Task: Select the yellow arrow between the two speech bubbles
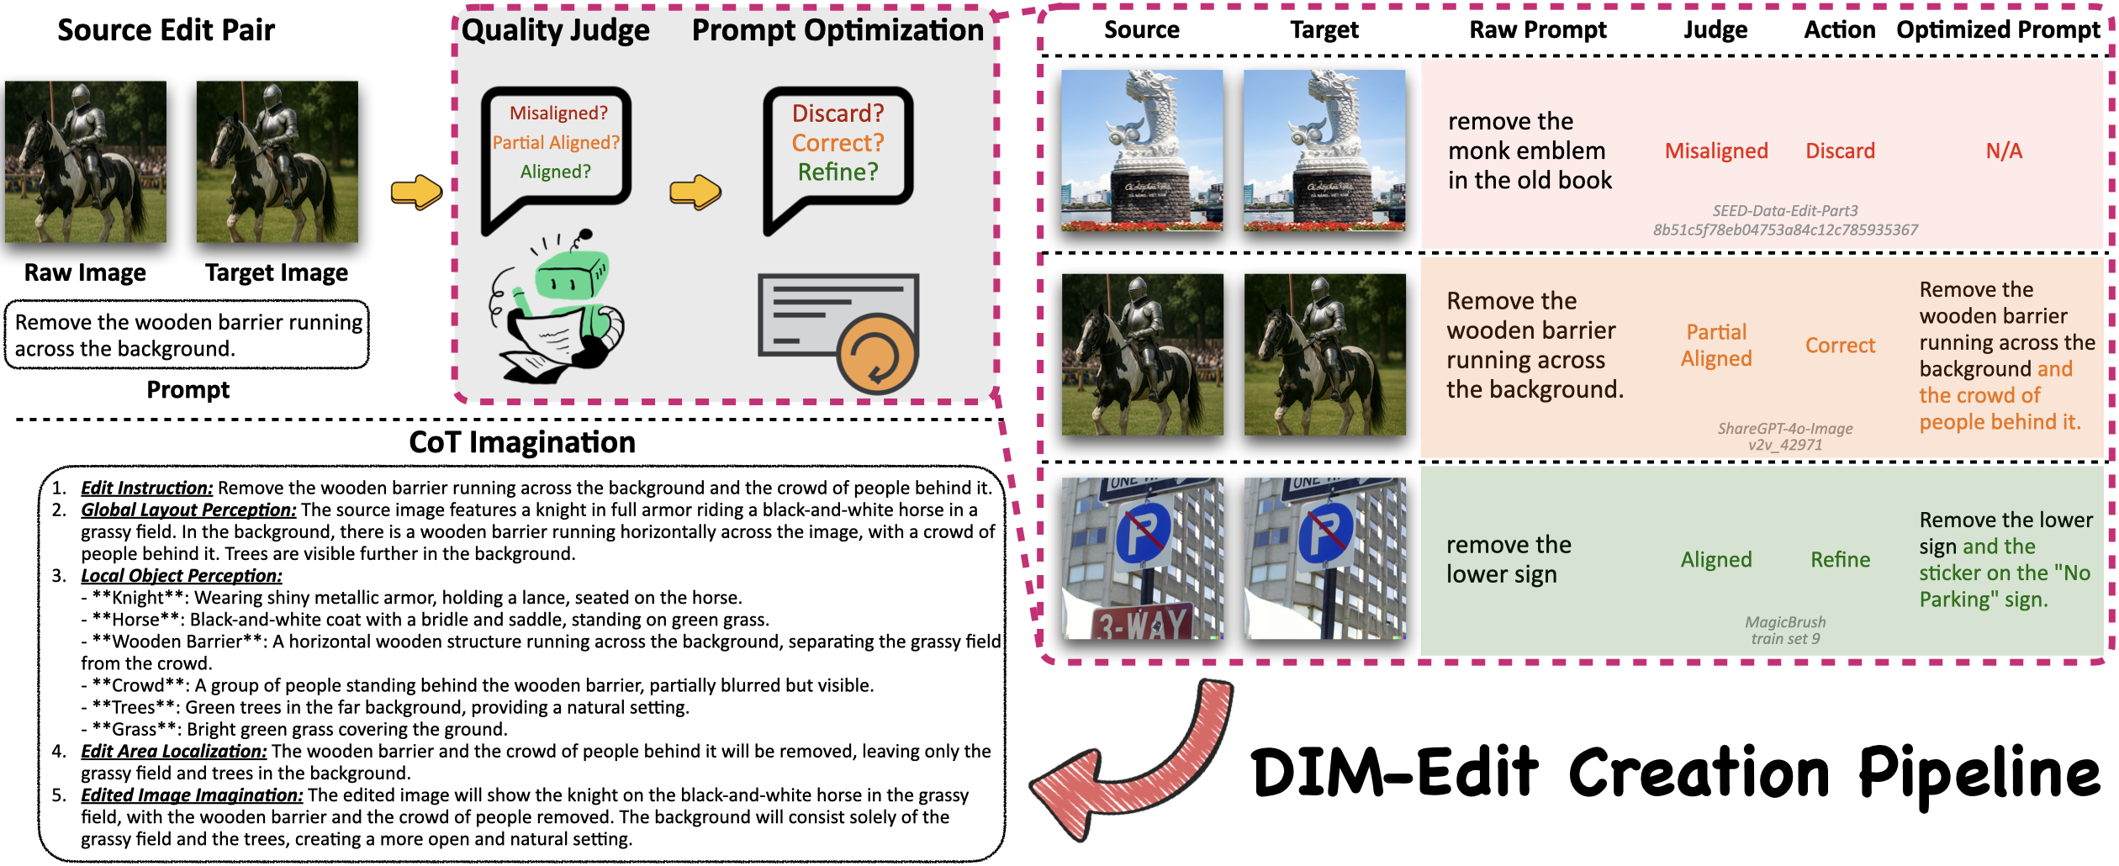pos(695,192)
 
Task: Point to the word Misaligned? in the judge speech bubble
pos(558,113)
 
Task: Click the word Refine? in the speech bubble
pos(838,172)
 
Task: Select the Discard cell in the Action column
pos(1840,150)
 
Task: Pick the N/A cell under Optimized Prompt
pos(2004,150)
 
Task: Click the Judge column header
pos(1715,30)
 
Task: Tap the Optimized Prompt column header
pos(1998,30)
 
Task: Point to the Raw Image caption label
pos(85,272)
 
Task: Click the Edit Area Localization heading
pos(174,751)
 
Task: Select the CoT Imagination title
pos(522,442)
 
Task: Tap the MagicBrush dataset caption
pos(1785,630)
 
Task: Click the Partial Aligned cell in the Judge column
pos(1716,345)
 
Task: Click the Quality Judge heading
pos(556,30)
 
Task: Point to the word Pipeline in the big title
pos(1979,774)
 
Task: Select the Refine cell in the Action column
pos(1840,559)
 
